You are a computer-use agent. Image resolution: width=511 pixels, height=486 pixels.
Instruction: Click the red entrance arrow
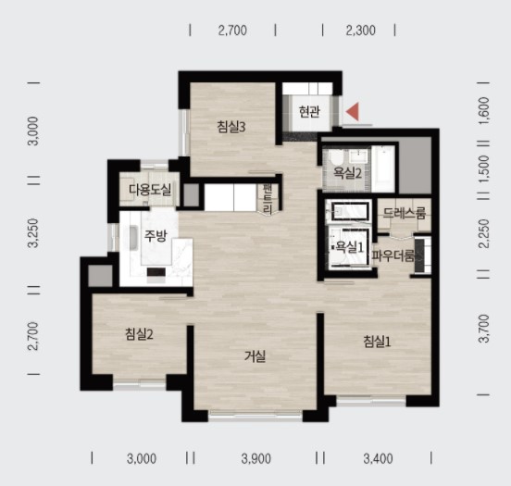pos(353,111)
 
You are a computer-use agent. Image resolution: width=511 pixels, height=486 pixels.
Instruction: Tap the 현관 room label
pos(309,112)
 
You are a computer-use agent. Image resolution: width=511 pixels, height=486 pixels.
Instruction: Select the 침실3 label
pos(231,127)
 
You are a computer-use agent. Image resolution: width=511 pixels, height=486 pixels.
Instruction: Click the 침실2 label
pos(139,334)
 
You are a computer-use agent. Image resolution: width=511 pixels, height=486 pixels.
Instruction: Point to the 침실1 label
pos(377,342)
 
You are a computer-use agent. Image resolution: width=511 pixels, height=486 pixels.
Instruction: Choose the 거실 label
pos(255,356)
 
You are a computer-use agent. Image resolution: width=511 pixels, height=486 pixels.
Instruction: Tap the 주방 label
pos(156,236)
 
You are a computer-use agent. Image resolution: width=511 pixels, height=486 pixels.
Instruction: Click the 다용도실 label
pos(150,190)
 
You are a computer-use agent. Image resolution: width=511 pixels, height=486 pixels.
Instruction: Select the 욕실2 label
pos(347,173)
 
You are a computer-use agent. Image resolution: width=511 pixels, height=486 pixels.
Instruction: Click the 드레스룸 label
pos(405,213)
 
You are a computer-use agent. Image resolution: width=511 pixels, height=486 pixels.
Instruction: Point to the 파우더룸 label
pos(393,256)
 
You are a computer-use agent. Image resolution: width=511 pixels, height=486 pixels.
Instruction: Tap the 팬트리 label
pos(268,199)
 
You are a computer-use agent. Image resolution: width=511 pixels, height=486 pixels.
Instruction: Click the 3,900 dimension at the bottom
pos(256,459)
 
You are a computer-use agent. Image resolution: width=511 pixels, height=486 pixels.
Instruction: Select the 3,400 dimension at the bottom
pos(378,459)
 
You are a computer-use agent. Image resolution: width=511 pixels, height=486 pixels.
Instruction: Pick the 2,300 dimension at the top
pos(361,31)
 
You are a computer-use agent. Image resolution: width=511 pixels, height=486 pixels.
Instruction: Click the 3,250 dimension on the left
pos(33,233)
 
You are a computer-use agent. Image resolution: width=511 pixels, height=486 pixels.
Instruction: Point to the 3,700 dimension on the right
pos(484,329)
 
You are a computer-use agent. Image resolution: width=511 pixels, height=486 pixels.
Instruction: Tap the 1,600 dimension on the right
pos(484,110)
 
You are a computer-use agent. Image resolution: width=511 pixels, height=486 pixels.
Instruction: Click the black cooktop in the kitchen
pos(156,272)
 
